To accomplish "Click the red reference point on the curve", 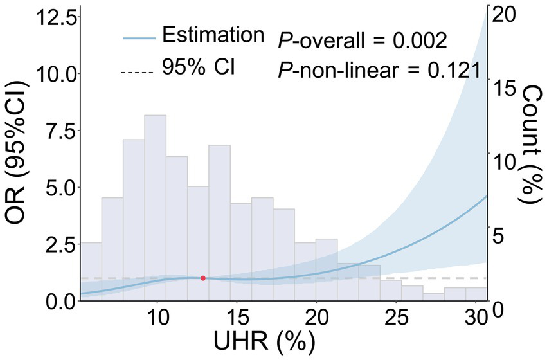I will [x=203, y=278].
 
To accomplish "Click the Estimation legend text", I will [x=212, y=35].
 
